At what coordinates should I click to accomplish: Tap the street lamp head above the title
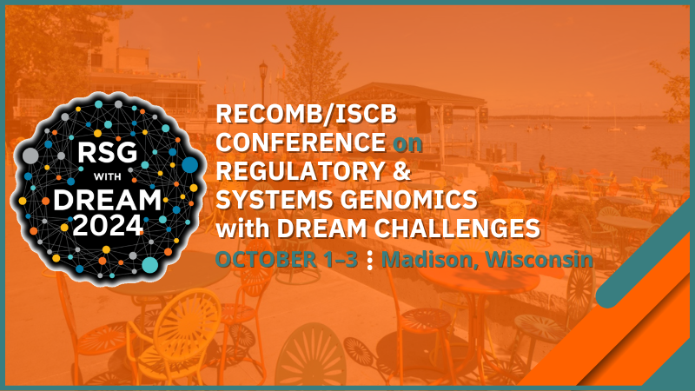click(x=263, y=67)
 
